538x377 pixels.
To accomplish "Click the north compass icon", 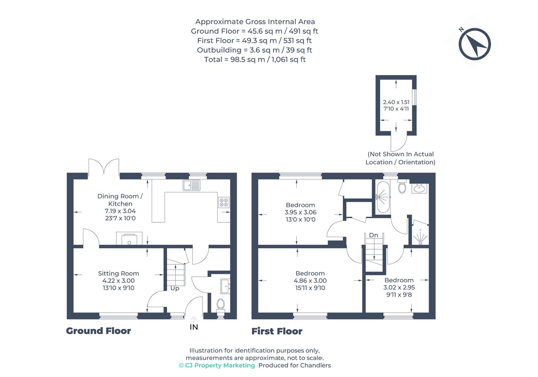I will tap(475, 44).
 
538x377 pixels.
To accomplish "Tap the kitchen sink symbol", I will tap(191, 185).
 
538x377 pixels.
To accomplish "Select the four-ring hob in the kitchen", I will tap(223, 202).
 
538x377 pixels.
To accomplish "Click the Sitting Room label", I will tap(118, 273).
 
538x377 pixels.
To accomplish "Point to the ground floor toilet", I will tap(220, 303).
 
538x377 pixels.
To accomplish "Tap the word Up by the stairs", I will tap(175, 288).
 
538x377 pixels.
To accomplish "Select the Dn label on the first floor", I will tap(373, 235).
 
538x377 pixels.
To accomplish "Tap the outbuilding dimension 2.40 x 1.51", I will tap(396, 102).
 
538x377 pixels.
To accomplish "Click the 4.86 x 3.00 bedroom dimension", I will tap(310, 281).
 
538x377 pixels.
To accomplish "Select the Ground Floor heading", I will tap(98, 331).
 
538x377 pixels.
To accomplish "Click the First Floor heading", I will tap(277, 331).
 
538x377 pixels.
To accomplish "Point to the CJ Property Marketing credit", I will tap(217, 365).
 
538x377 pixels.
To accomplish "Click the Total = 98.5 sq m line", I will tap(255, 59).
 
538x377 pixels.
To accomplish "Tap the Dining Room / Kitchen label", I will tap(120, 200).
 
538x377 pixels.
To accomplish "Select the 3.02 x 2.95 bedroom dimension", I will tap(399, 287).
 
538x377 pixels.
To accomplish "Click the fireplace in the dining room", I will tap(129, 239).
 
